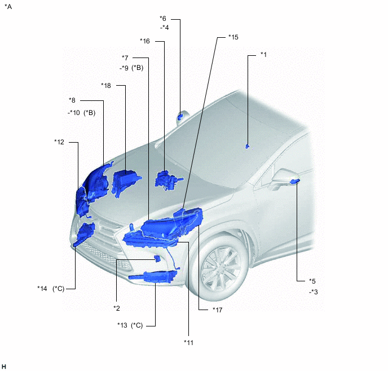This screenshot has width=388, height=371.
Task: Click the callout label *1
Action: pyautogui.click(x=264, y=55)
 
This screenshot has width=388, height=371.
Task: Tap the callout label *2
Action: pyautogui.click(x=117, y=308)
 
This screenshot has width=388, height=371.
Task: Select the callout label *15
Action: pyautogui.click(x=233, y=37)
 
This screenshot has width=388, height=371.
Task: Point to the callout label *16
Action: pyautogui.click(x=145, y=41)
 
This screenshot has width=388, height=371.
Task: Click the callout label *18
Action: pyautogui.click(x=106, y=86)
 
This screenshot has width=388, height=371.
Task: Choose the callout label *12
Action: pyautogui.click(x=59, y=142)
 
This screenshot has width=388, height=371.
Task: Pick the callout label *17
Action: pyautogui.click(x=218, y=310)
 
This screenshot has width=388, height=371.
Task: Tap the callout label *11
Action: pyautogui.click(x=188, y=343)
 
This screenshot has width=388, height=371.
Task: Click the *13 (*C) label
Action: pyautogui.click(x=130, y=325)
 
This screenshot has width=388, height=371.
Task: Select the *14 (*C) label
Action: pyautogui.click(x=51, y=289)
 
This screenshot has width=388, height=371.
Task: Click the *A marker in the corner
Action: pyautogui.click(x=8, y=7)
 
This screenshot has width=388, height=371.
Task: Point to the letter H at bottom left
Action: pyautogui.click(x=4, y=366)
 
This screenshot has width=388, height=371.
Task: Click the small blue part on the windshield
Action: pyautogui.click(x=247, y=147)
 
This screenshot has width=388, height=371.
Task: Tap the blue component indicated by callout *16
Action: pyautogui.click(x=166, y=180)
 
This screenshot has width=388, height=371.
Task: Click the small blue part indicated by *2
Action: pyautogui.click(x=157, y=258)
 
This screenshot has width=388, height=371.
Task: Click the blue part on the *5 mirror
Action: pyautogui.click(x=294, y=182)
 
